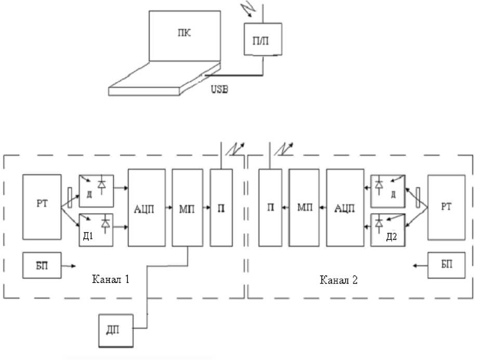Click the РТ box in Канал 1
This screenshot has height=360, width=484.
(x=42, y=207)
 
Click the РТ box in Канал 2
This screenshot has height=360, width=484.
(x=446, y=207)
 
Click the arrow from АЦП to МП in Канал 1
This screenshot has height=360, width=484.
(x=167, y=207)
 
